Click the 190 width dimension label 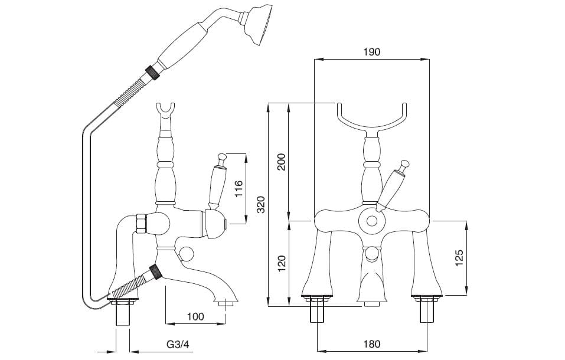(x=371, y=51)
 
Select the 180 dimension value (x=371, y=344)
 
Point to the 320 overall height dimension (x=262, y=205)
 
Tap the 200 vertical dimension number (x=282, y=162)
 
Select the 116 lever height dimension (x=239, y=189)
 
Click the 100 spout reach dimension (x=195, y=317)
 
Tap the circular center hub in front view (x=372, y=221)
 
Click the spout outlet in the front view (x=372, y=302)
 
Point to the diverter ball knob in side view (x=187, y=254)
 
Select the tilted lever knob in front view (x=404, y=164)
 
